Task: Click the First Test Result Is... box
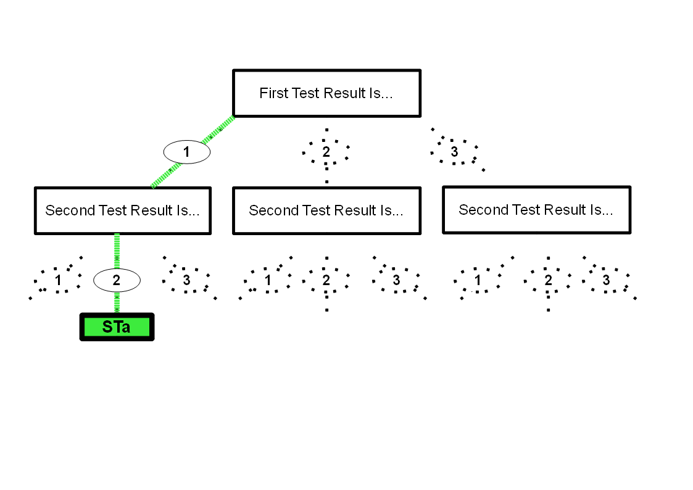(x=326, y=93)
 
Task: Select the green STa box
(x=117, y=327)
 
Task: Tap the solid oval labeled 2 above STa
(x=117, y=281)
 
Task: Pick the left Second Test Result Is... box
(x=122, y=210)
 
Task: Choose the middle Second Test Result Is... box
(x=326, y=210)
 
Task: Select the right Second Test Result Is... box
(x=536, y=210)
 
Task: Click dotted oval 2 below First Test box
(x=326, y=152)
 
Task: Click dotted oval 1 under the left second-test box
(x=58, y=280)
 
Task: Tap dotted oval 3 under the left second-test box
(x=186, y=280)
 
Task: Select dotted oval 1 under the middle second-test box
(x=268, y=280)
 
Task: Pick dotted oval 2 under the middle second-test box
(x=326, y=280)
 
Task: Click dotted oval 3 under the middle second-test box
(x=396, y=280)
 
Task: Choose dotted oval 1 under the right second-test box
(x=477, y=280)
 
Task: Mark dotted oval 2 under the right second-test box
(x=548, y=280)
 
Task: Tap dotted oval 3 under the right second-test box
(x=606, y=280)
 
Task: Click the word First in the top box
(x=273, y=93)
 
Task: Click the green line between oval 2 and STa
(x=117, y=302)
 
